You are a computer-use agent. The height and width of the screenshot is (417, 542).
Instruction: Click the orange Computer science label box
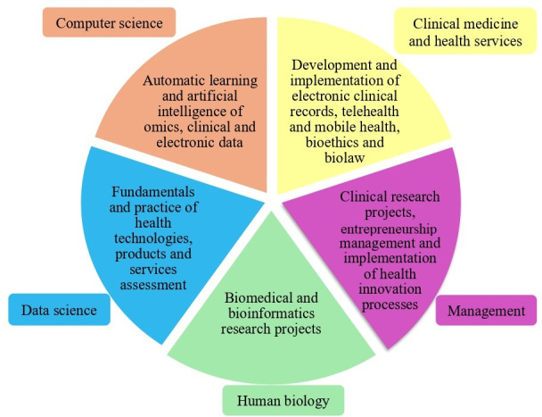(109, 22)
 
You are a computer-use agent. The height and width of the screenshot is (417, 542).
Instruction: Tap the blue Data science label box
(58, 309)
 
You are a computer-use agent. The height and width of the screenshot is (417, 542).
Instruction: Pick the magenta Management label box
(486, 310)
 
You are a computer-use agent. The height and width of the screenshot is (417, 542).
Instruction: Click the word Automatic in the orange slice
(175, 79)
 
